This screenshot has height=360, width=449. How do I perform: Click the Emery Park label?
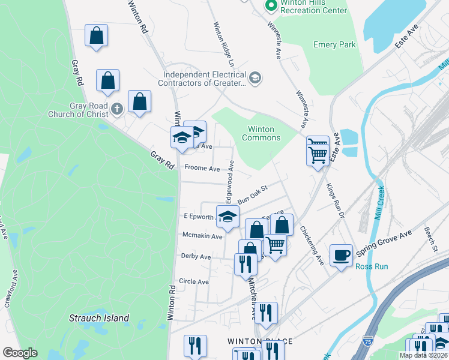click(x=334, y=44)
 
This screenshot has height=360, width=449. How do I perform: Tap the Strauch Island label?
click(x=99, y=318)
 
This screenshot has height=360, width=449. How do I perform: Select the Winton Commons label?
click(x=261, y=133)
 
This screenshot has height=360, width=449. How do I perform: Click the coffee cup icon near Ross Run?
click(x=341, y=254)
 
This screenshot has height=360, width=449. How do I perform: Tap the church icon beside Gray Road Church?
click(x=117, y=109)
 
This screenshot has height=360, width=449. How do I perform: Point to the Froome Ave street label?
click(x=202, y=169)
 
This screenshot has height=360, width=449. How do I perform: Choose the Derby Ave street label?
click(x=196, y=256)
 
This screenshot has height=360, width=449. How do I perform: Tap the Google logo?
click(x=20, y=353)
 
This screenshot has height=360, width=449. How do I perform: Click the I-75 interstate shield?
click(x=368, y=341)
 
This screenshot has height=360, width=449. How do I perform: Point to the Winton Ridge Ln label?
click(x=221, y=44)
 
